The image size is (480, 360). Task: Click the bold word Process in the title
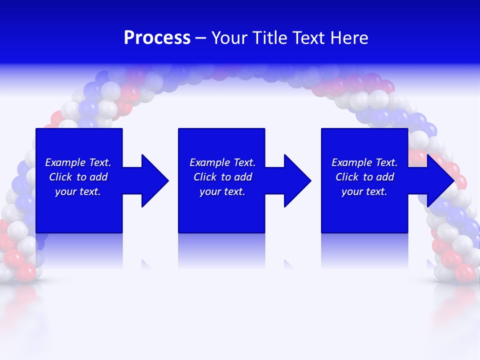[157, 38]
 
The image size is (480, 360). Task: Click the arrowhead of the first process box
[154, 180]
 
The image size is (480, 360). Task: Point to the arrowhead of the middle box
[297, 180]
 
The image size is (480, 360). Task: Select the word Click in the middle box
[205, 177]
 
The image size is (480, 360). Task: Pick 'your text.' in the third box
[364, 191]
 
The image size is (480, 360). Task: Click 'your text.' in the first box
[78, 191]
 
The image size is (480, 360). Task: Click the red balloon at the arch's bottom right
[465, 272]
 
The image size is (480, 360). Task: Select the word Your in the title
[229, 38]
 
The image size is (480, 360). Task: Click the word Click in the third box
[347, 177]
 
